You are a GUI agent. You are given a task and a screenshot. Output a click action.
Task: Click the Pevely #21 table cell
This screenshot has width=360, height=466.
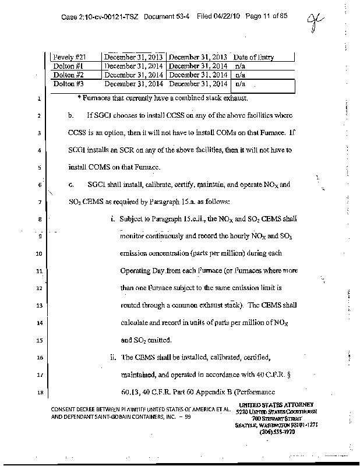[69, 57]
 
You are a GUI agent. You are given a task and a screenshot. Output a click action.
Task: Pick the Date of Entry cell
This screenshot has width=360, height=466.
[253, 57]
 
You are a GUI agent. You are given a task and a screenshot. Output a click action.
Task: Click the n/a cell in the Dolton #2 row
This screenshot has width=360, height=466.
[239, 75]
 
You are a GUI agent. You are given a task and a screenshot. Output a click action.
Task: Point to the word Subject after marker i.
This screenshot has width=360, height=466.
[133, 218]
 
